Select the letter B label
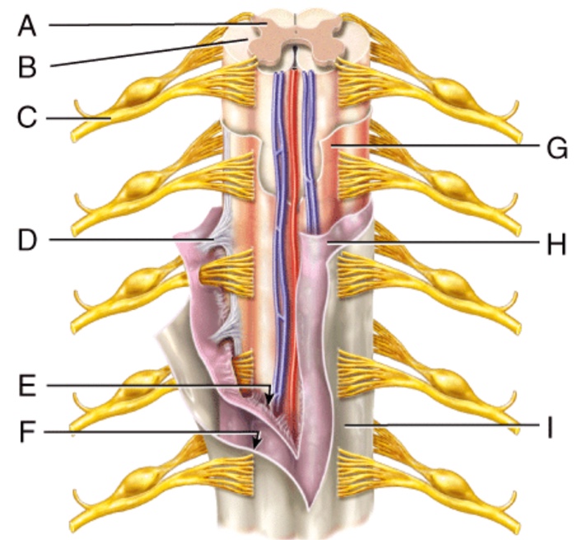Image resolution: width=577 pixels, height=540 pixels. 28,65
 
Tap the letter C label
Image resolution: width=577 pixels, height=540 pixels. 28,118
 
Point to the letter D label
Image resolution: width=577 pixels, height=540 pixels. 28,241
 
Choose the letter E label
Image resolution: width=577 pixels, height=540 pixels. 28,385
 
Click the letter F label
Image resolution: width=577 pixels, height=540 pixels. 28,431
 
